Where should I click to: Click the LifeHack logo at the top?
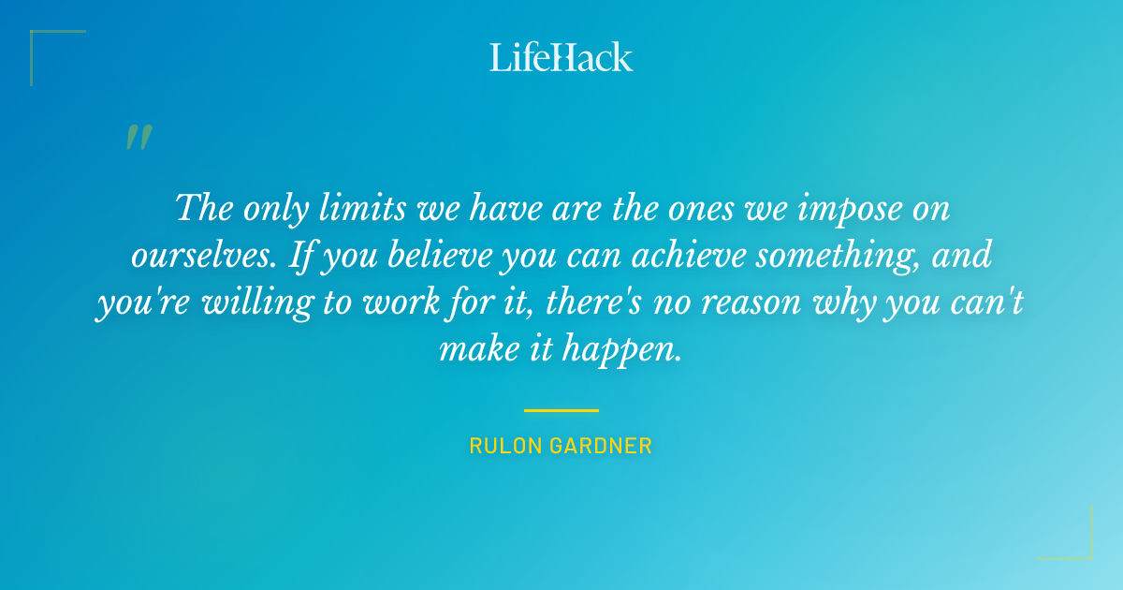(x=561, y=57)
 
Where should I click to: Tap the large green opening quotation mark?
(x=138, y=138)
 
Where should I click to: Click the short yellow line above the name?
(x=561, y=410)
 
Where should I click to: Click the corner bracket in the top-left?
(x=47, y=47)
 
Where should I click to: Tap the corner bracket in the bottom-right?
(x=1076, y=543)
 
